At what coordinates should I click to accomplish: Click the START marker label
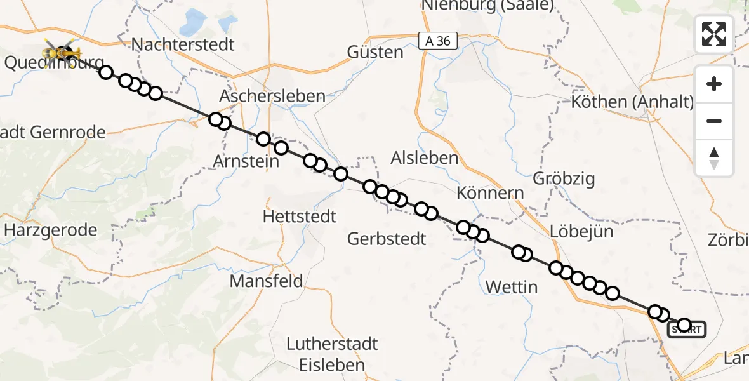(x=687, y=330)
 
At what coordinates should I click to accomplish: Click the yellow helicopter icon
(x=62, y=52)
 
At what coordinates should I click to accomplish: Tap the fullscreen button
(x=714, y=34)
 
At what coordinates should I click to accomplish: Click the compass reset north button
(x=714, y=158)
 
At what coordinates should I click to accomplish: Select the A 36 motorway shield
(x=438, y=41)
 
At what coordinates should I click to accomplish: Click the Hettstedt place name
(x=299, y=216)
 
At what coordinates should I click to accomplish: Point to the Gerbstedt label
(x=387, y=239)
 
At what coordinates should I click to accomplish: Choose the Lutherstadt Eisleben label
(x=332, y=354)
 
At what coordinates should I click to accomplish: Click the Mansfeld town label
(x=266, y=281)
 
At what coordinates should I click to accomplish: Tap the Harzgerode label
(x=51, y=229)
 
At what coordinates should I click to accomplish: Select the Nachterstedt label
(x=183, y=44)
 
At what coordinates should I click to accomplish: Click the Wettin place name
(x=511, y=287)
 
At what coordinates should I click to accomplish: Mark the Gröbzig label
(x=565, y=178)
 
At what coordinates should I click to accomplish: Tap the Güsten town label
(x=376, y=52)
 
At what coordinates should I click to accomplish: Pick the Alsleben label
(x=425, y=157)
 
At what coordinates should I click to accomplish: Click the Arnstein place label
(x=246, y=161)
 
